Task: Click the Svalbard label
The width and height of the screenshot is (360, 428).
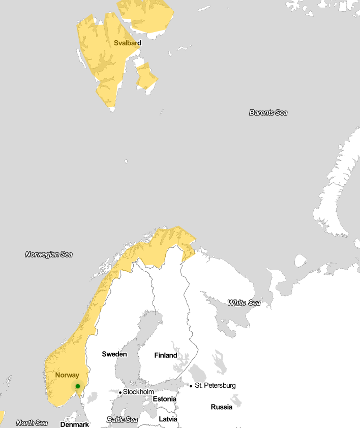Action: [128, 43]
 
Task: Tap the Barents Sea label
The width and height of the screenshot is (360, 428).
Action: [268, 112]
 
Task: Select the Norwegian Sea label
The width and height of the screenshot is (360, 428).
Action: [49, 254]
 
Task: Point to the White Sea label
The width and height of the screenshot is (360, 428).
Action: [244, 303]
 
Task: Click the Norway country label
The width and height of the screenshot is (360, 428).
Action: [67, 375]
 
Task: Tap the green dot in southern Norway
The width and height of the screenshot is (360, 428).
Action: [78, 386]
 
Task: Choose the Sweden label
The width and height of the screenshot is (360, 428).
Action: [114, 354]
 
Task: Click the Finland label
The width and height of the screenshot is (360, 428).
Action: [166, 355]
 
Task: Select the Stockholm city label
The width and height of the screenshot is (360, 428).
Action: [138, 392]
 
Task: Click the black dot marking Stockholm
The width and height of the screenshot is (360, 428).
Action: [120, 392]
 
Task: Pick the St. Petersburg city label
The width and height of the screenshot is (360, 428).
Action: [215, 385]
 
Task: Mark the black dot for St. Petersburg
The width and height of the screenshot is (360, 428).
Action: [191, 386]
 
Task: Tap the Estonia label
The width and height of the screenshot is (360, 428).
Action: [164, 399]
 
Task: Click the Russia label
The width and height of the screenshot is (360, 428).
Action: [222, 407]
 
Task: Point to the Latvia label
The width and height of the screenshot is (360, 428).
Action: [168, 419]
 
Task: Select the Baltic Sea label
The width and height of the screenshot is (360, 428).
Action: [122, 420]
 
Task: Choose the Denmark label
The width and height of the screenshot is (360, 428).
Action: [75, 424]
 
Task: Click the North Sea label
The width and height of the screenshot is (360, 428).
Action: [32, 423]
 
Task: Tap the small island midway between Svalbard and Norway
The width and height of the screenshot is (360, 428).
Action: [126, 162]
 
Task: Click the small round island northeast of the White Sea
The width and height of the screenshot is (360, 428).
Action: [301, 261]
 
